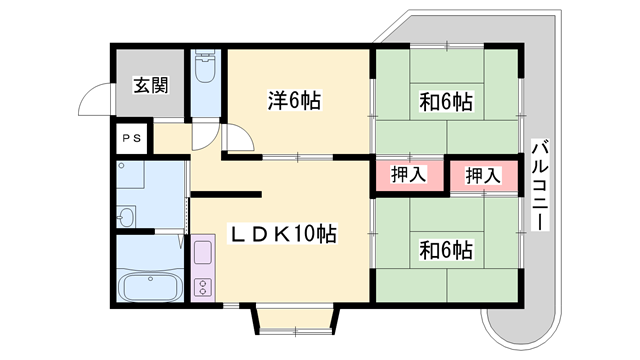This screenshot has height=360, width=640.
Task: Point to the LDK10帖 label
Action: pos(285,234)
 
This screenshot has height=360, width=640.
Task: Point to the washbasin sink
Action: pos(127,215)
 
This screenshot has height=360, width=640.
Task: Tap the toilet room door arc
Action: pos(204,134)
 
